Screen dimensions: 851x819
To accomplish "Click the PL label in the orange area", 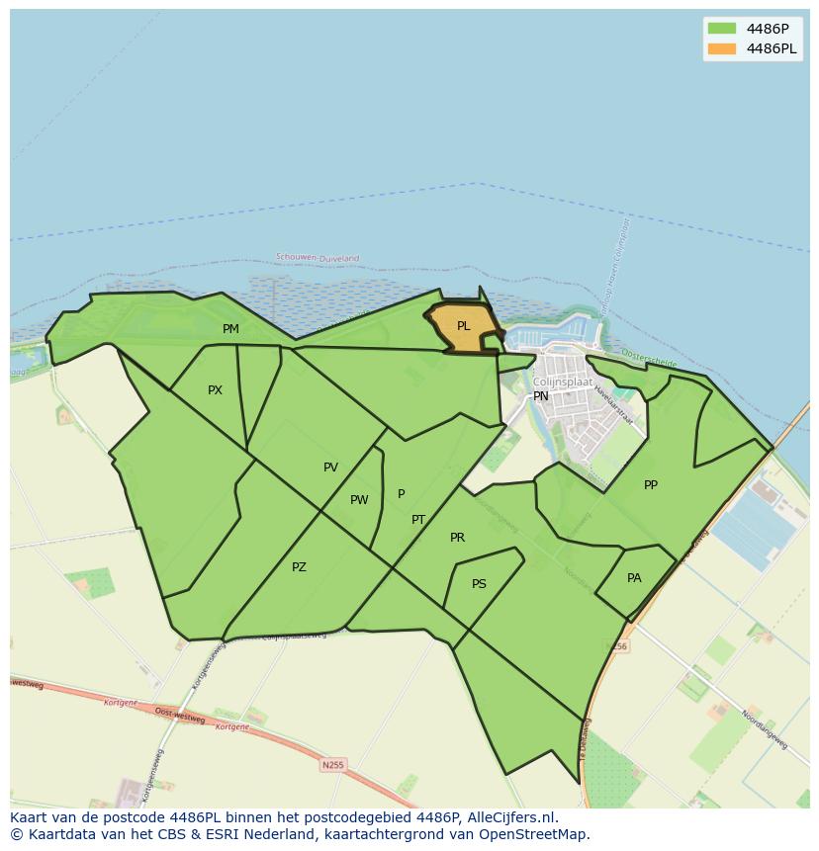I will pyautogui.click(x=463, y=326).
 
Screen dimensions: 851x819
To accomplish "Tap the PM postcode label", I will pyautogui.click(x=230, y=329).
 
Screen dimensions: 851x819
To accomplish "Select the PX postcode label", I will pyautogui.click(x=215, y=390).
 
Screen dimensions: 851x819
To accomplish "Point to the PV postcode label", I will pyautogui.click(x=330, y=468).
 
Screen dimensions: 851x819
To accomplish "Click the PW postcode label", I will pyautogui.click(x=359, y=500).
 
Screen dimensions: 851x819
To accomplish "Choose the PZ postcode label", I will pyautogui.click(x=299, y=567).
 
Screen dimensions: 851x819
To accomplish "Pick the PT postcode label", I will pyautogui.click(x=418, y=520).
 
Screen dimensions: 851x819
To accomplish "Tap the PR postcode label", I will pyautogui.click(x=457, y=538).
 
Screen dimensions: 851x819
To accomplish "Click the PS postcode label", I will pyautogui.click(x=479, y=584).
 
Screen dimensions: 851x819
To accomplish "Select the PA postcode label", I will pyautogui.click(x=634, y=578).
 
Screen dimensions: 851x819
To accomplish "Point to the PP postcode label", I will pyautogui.click(x=651, y=485).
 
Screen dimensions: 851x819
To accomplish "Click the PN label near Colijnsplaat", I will pyautogui.click(x=541, y=396).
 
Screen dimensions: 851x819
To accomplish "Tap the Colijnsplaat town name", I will pyautogui.click(x=563, y=382).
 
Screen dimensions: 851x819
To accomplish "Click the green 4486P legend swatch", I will pyautogui.click(x=722, y=28).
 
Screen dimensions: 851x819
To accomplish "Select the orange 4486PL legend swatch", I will pyautogui.click(x=722, y=48).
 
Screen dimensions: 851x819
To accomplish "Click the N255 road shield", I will pyautogui.click(x=333, y=765).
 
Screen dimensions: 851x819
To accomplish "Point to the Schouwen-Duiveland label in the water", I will pyautogui.click(x=318, y=258).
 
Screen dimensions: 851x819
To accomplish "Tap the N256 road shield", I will pyautogui.click(x=618, y=646).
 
